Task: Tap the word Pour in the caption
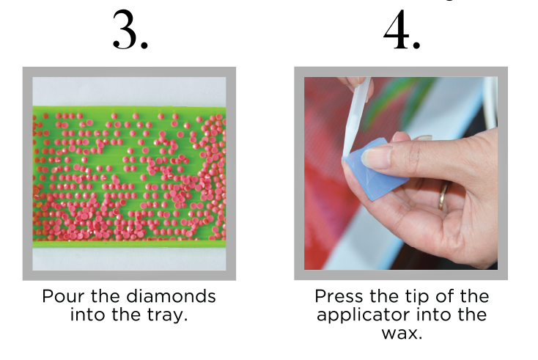pos(60,297)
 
